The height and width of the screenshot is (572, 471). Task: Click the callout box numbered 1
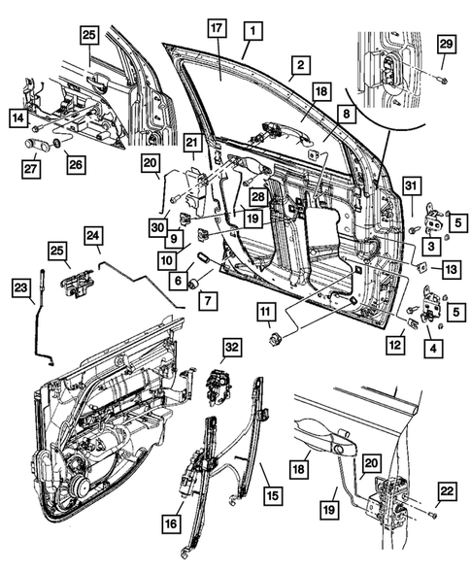[x=252, y=31]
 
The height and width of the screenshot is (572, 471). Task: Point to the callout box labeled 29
[x=446, y=47]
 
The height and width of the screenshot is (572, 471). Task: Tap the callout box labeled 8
[x=345, y=115]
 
